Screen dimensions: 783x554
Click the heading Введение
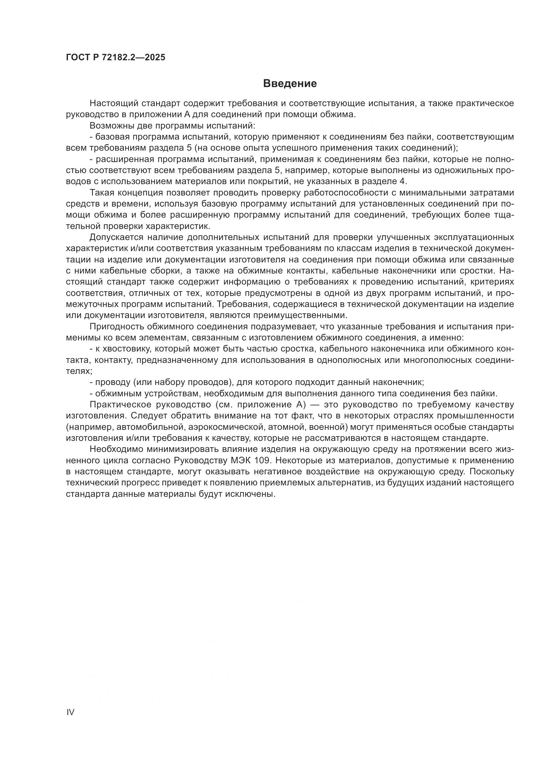[x=290, y=84]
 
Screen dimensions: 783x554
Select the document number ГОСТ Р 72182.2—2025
[x=116, y=57]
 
